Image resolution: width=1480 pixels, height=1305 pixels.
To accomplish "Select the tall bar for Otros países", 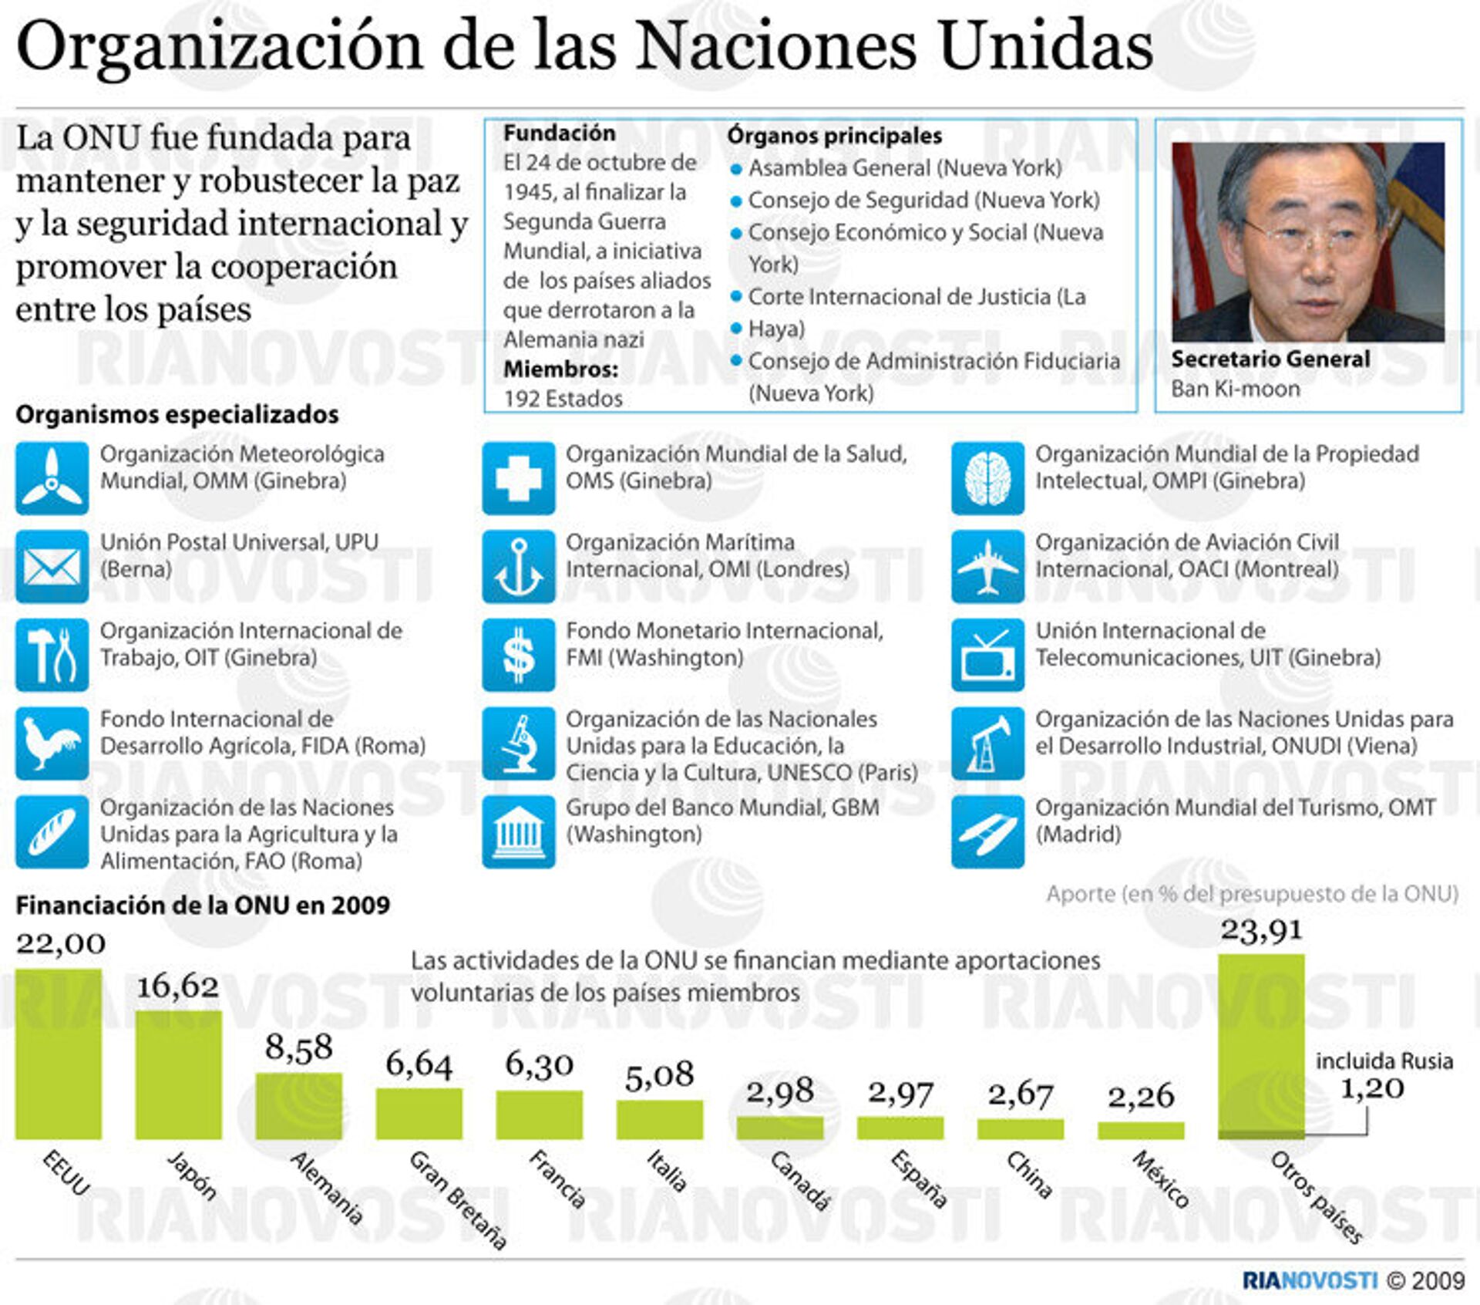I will pyautogui.click(x=1261, y=1045).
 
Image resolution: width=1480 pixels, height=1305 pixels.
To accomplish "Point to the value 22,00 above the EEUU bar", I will pyautogui.click(x=61, y=943).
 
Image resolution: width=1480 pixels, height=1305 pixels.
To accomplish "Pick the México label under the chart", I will pyautogui.click(x=1161, y=1179).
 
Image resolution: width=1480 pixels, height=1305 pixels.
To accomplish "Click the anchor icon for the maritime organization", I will pyautogui.click(x=518, y=566).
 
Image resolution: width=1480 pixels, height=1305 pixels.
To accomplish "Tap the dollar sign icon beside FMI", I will pyautogui.click(x=518, y=655).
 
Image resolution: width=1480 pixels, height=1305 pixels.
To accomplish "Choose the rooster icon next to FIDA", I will pyautogui.click(x=52, y=744).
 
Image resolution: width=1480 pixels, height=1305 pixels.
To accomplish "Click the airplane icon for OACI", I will pyautogui.click(x=987, y=566).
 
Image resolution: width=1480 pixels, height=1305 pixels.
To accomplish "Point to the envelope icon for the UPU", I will pyautogui.click(x=52, y=566).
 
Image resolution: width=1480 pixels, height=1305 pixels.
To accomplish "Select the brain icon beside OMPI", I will pyautogui.click(x=987, y=478).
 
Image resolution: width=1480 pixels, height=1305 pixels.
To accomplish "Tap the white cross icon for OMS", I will pyautogui.click(x=518, y=478).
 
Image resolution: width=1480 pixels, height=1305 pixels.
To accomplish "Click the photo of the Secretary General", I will pyautogui.click(x=1307, y=241).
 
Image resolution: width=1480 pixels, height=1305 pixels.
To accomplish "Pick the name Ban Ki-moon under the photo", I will pyautogui.click(x=1235, y=389).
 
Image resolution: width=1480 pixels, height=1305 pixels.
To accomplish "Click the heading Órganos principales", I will pyautogui.click(x=834, y=136).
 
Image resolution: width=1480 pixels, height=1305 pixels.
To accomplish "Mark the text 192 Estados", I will pyautogui.click(x=563, y=399).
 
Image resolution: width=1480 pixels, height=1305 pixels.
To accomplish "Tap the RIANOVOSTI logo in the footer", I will pyautogui.click(x=1309, y=1280).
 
